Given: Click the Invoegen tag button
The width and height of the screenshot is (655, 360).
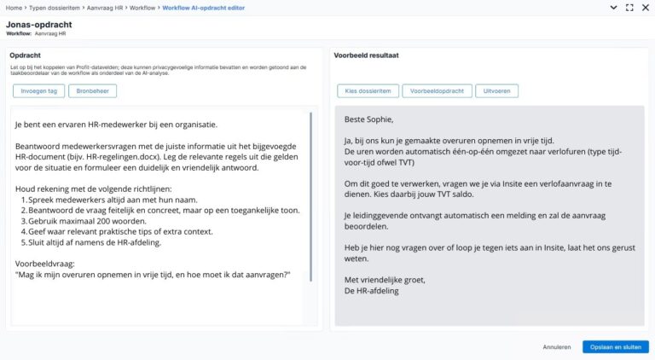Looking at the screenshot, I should [38, 91].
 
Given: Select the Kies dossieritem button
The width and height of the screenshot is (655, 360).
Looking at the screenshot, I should [368, 91].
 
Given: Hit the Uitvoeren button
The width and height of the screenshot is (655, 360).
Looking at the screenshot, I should [496, 91].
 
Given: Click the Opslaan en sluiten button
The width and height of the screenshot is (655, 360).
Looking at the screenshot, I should [616, 347].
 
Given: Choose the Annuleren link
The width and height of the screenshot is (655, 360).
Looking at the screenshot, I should [556, 347].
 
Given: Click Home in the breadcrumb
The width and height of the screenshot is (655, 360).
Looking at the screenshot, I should [13, 8].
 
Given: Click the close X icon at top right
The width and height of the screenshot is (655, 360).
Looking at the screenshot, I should [646, 8].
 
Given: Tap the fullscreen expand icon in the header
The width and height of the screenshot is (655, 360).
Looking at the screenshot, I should [629, 8].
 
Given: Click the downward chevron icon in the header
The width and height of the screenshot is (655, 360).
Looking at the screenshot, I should [612, 8].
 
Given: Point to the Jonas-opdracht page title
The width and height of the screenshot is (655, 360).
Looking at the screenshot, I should [38, 25].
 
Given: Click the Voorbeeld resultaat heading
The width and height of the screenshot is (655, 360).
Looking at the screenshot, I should [367, 55].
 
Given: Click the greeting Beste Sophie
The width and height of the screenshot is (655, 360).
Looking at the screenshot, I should [369, 119].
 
